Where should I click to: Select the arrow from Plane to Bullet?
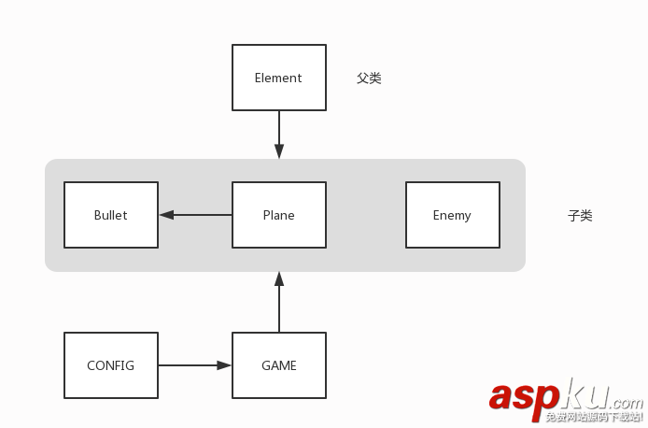pyautogui.click(x=196, y=215)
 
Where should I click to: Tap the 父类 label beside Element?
pyautogui.click(x=369, y=78)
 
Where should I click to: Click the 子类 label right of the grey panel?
pyautogui.click(x=580, y=216)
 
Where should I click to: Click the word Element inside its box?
pyautogui.click(x=278, y=78)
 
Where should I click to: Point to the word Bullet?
pyautogui.click(x=110, y=215)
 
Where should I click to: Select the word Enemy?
pyautogui.click(x=452, y=215)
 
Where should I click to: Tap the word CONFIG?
pyautogui.click(x=110, y=365)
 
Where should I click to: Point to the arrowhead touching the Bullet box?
pyautogui.click(x=167, y=215)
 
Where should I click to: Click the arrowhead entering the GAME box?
pyautogui.click(x=224, y=365)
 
